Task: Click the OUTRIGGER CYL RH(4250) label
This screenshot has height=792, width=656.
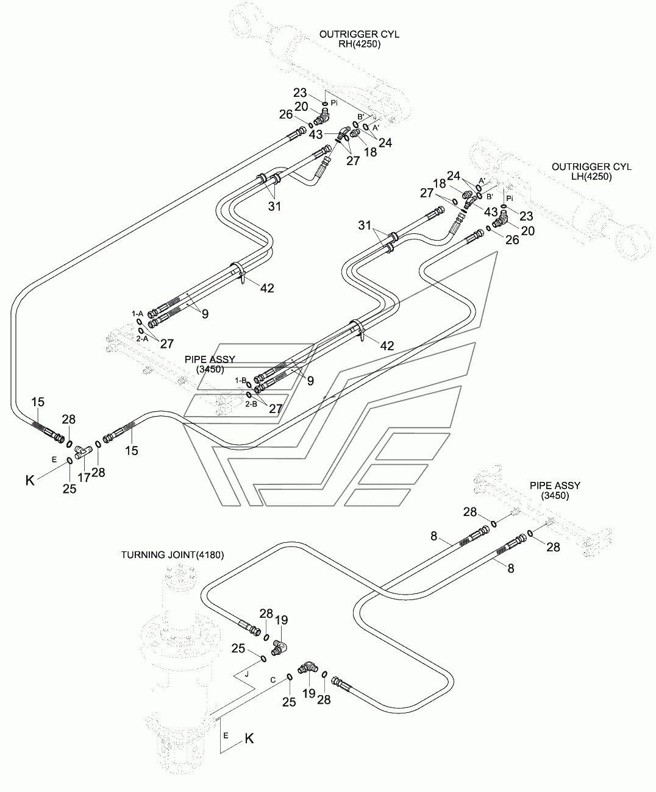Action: [359, 39]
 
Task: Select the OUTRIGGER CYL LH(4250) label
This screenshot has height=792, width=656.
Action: [591, 171]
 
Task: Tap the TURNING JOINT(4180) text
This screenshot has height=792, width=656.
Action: [173, 555]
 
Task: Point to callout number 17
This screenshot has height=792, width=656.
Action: [84, 478]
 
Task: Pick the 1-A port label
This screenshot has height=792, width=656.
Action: [137, 314]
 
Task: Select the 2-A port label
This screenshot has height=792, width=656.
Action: [142, 339]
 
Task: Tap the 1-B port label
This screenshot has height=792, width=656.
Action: [241, 380]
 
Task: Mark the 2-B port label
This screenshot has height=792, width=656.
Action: [251, 404]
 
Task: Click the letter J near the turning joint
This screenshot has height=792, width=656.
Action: [247, 674]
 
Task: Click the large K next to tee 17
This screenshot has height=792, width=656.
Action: [30, 481]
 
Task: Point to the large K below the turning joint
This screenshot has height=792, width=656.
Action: [249, 738]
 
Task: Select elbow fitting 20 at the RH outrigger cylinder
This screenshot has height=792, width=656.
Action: [321, 117]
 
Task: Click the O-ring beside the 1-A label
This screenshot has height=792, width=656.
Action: [140, 322]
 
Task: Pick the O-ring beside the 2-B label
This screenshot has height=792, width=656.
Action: [249, 395]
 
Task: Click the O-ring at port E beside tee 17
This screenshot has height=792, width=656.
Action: [70, 461]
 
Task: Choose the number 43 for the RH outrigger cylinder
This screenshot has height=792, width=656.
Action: [315, 134]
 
